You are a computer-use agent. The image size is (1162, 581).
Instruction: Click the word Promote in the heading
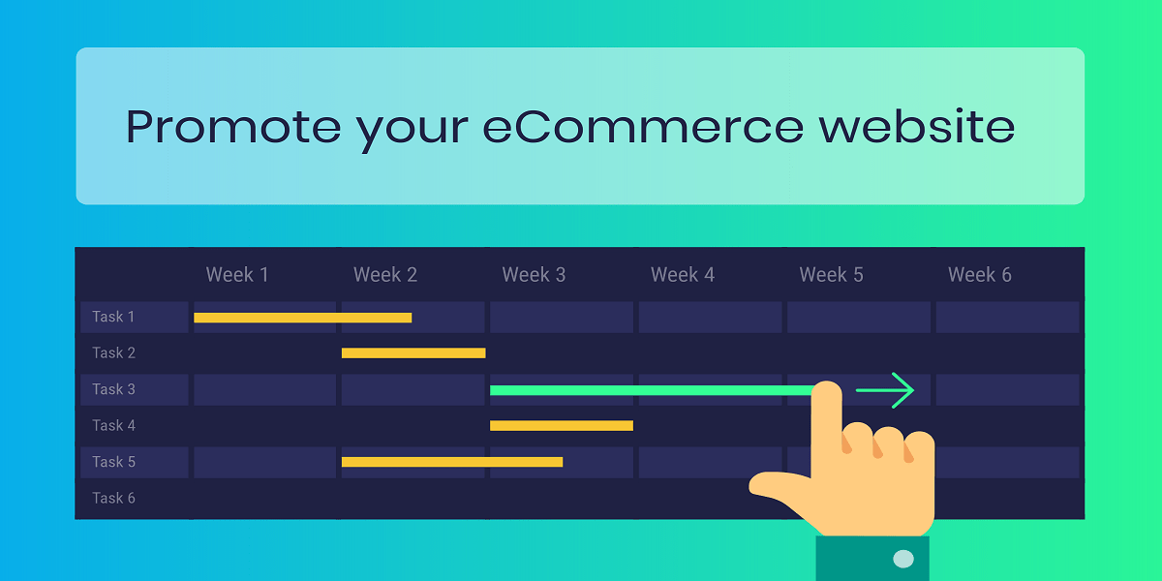(x=233, y=127)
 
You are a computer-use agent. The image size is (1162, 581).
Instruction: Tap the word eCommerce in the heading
(x=643, y=127)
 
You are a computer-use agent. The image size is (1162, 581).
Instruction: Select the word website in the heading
(x=917, y=126)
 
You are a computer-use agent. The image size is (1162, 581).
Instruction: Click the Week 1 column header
(x=237, y=274)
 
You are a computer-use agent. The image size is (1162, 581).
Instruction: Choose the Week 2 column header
(x=385, y=274)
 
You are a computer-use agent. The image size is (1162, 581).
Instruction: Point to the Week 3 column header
(x=534, y=274)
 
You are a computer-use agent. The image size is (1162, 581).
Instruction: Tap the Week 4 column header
(x=683, y=274)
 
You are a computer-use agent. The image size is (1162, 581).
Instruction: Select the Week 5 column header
(x=831, y=274)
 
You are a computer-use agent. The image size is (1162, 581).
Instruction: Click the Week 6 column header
(x=980, y=274)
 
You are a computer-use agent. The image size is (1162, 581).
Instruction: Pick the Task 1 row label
(x=113, y=317)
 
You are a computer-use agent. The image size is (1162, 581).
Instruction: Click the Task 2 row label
(x=113, y=352)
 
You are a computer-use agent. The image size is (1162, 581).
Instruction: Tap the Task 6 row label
(x=113, y=498)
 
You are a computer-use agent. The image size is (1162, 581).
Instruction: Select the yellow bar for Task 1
(x=302, y=318)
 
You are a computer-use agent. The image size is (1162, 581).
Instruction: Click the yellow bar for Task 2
(x=413, y=353)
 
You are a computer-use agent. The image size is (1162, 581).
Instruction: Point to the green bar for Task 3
(x=652, y=390)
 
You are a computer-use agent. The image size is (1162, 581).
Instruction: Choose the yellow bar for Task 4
(x=562, y=426)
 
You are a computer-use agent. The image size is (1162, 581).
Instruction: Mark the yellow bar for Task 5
(x=452, y=462)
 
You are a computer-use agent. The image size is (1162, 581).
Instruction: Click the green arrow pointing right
(x=885, y=390)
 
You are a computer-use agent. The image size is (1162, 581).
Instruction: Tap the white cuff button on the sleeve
(x=903, y=559)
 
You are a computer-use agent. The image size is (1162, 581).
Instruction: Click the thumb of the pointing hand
(x=779, y=486)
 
